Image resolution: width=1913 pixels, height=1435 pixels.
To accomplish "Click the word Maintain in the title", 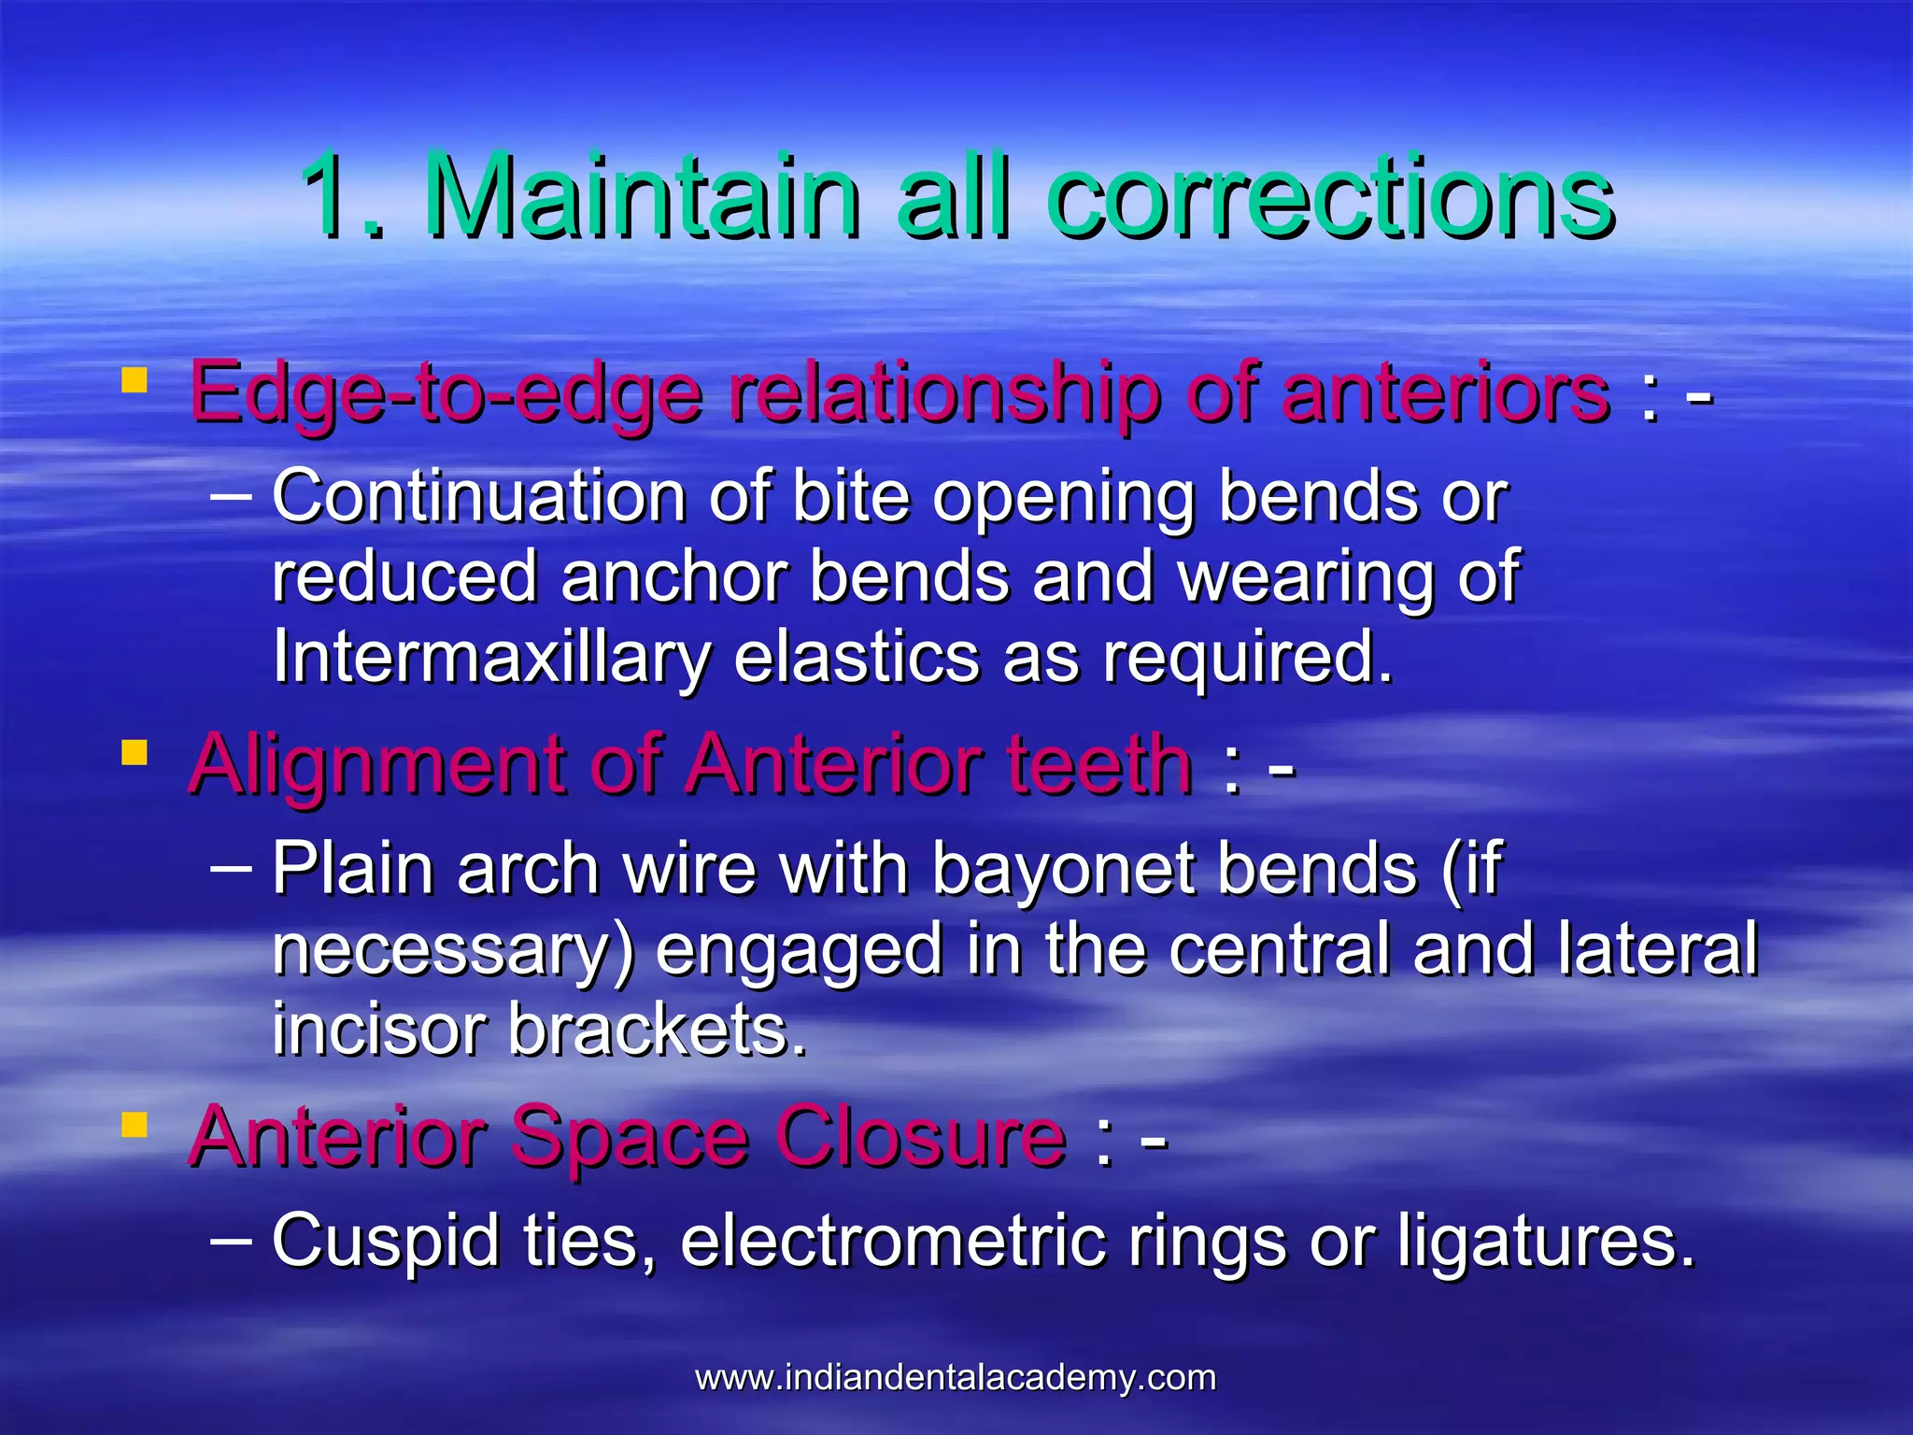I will (x=642, y=197).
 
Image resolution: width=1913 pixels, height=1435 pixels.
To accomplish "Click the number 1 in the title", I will (x=332, y=197).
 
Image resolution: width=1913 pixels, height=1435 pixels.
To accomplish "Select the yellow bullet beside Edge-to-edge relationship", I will (x=135, y=380).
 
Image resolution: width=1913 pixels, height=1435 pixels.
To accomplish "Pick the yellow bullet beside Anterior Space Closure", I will (x=135, y=1125).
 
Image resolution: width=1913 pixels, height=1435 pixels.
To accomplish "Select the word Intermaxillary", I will (x=491, y=658).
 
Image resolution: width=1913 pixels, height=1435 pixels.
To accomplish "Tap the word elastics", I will (x=857, y=658).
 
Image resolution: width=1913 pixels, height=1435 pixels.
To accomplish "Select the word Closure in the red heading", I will (x=921, y=1137).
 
